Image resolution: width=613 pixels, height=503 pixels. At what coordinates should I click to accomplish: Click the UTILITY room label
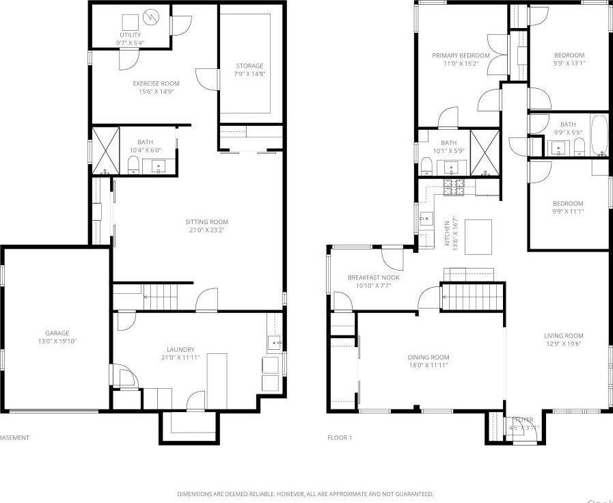(x=130, y=35)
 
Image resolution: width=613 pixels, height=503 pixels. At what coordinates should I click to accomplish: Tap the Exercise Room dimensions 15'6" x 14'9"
(x=156, y=91)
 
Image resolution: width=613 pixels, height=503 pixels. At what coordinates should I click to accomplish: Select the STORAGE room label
(x=249, y=66)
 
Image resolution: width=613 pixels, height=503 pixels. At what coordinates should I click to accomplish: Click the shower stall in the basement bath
(x=105, y=149)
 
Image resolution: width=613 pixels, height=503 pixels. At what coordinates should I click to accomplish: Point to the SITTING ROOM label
(x=206, y=221)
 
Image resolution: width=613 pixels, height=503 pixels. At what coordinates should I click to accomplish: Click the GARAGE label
(x=57, y=334)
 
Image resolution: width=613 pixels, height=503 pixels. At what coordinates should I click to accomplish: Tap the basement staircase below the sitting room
(x=160, y=297)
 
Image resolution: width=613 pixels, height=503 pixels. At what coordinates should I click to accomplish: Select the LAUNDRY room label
(x=180, y=349)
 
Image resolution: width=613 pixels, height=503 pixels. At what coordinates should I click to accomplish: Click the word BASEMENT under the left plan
(x=14, y=437)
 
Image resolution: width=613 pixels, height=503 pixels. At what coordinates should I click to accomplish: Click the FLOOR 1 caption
(x=339, y=437)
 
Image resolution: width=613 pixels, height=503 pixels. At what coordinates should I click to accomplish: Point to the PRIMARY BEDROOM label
(x=461, y=55)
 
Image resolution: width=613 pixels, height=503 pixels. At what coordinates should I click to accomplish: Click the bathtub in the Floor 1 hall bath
(x=599, y=135)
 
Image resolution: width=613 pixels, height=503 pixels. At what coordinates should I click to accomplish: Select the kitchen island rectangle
(x=478, y=236)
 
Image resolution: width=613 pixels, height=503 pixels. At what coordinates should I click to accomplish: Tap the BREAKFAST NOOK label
(x=373, y=277)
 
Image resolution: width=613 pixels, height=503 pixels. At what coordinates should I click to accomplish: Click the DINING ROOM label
(x=428, y=357)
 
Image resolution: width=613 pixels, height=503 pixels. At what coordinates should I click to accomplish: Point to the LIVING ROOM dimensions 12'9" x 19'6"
(x=564, y=344)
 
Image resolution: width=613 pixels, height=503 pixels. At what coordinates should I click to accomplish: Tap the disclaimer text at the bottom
(x=305, y=493)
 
